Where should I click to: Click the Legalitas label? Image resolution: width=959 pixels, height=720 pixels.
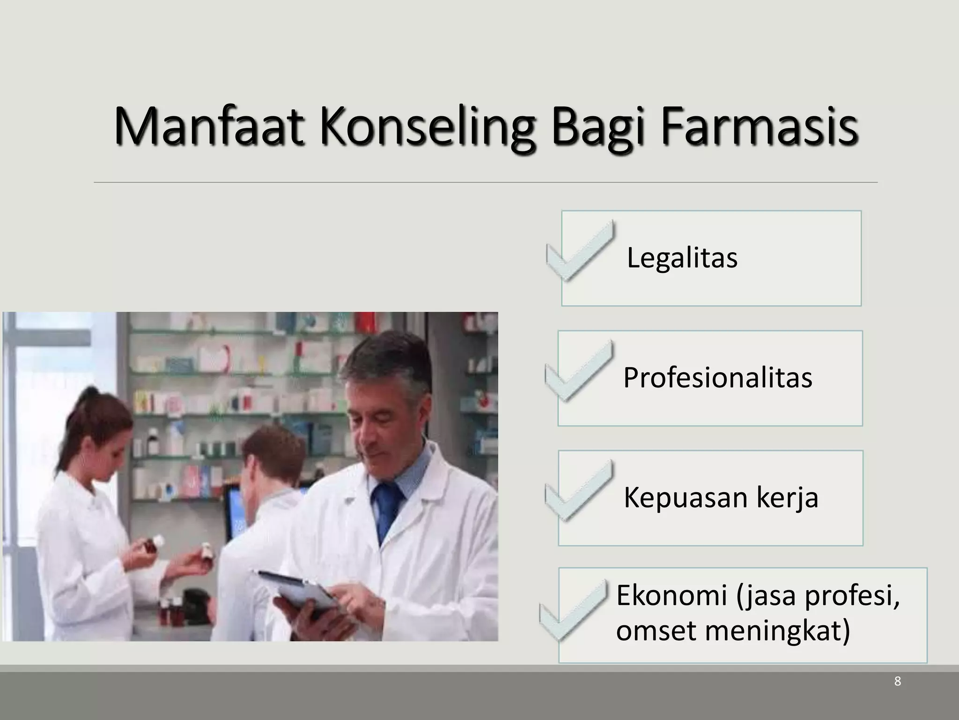682,258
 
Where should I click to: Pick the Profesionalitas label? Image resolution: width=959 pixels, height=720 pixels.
717,378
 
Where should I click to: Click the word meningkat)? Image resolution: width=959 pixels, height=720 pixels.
777,631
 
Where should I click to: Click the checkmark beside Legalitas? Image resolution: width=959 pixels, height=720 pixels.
580,252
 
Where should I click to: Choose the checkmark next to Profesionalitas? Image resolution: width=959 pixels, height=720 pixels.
579,372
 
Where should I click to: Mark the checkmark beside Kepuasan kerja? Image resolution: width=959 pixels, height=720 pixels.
579,491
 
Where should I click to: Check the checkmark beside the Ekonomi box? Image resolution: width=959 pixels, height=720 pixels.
573,610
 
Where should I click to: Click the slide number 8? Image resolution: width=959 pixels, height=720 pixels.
897,695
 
